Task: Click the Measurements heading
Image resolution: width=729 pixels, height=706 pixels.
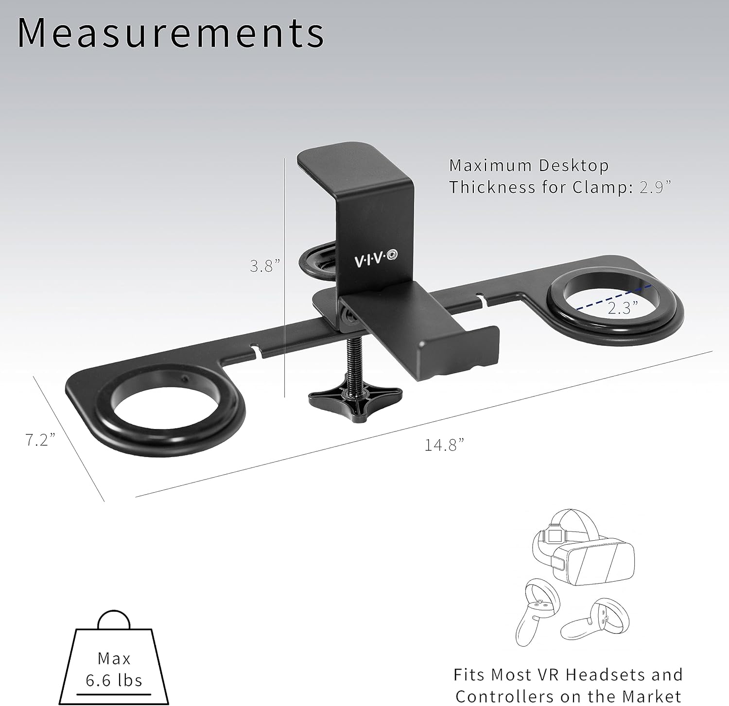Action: point(171,33)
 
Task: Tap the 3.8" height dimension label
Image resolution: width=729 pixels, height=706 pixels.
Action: point(265,266)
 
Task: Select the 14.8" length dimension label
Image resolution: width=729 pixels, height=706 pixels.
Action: point(444,445)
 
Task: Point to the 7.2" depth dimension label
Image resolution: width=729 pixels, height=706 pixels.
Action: point(40,440)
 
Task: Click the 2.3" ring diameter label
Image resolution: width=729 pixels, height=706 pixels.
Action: point(623,308)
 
